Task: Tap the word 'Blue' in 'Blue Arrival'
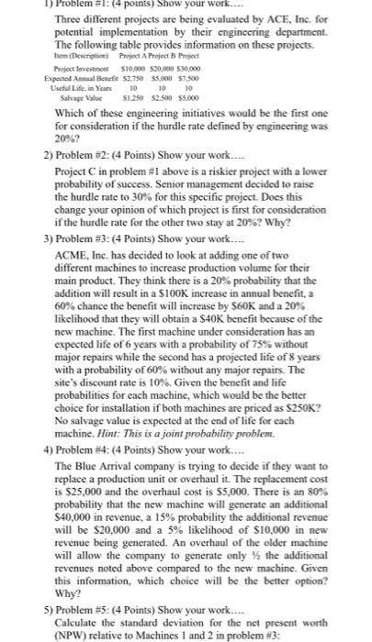91,492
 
